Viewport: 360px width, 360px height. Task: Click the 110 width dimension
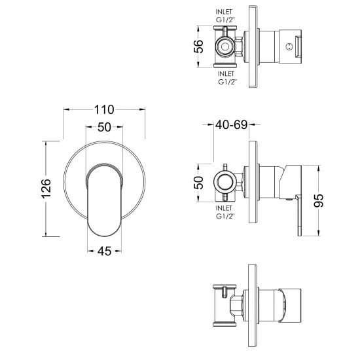[104, 109]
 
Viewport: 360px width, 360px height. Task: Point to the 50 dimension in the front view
[104, 128]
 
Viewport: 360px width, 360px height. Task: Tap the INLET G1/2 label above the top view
[228, 16]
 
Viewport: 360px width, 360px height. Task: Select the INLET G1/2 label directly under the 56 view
[228, 78]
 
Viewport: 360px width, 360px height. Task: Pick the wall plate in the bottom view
[251, 308]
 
